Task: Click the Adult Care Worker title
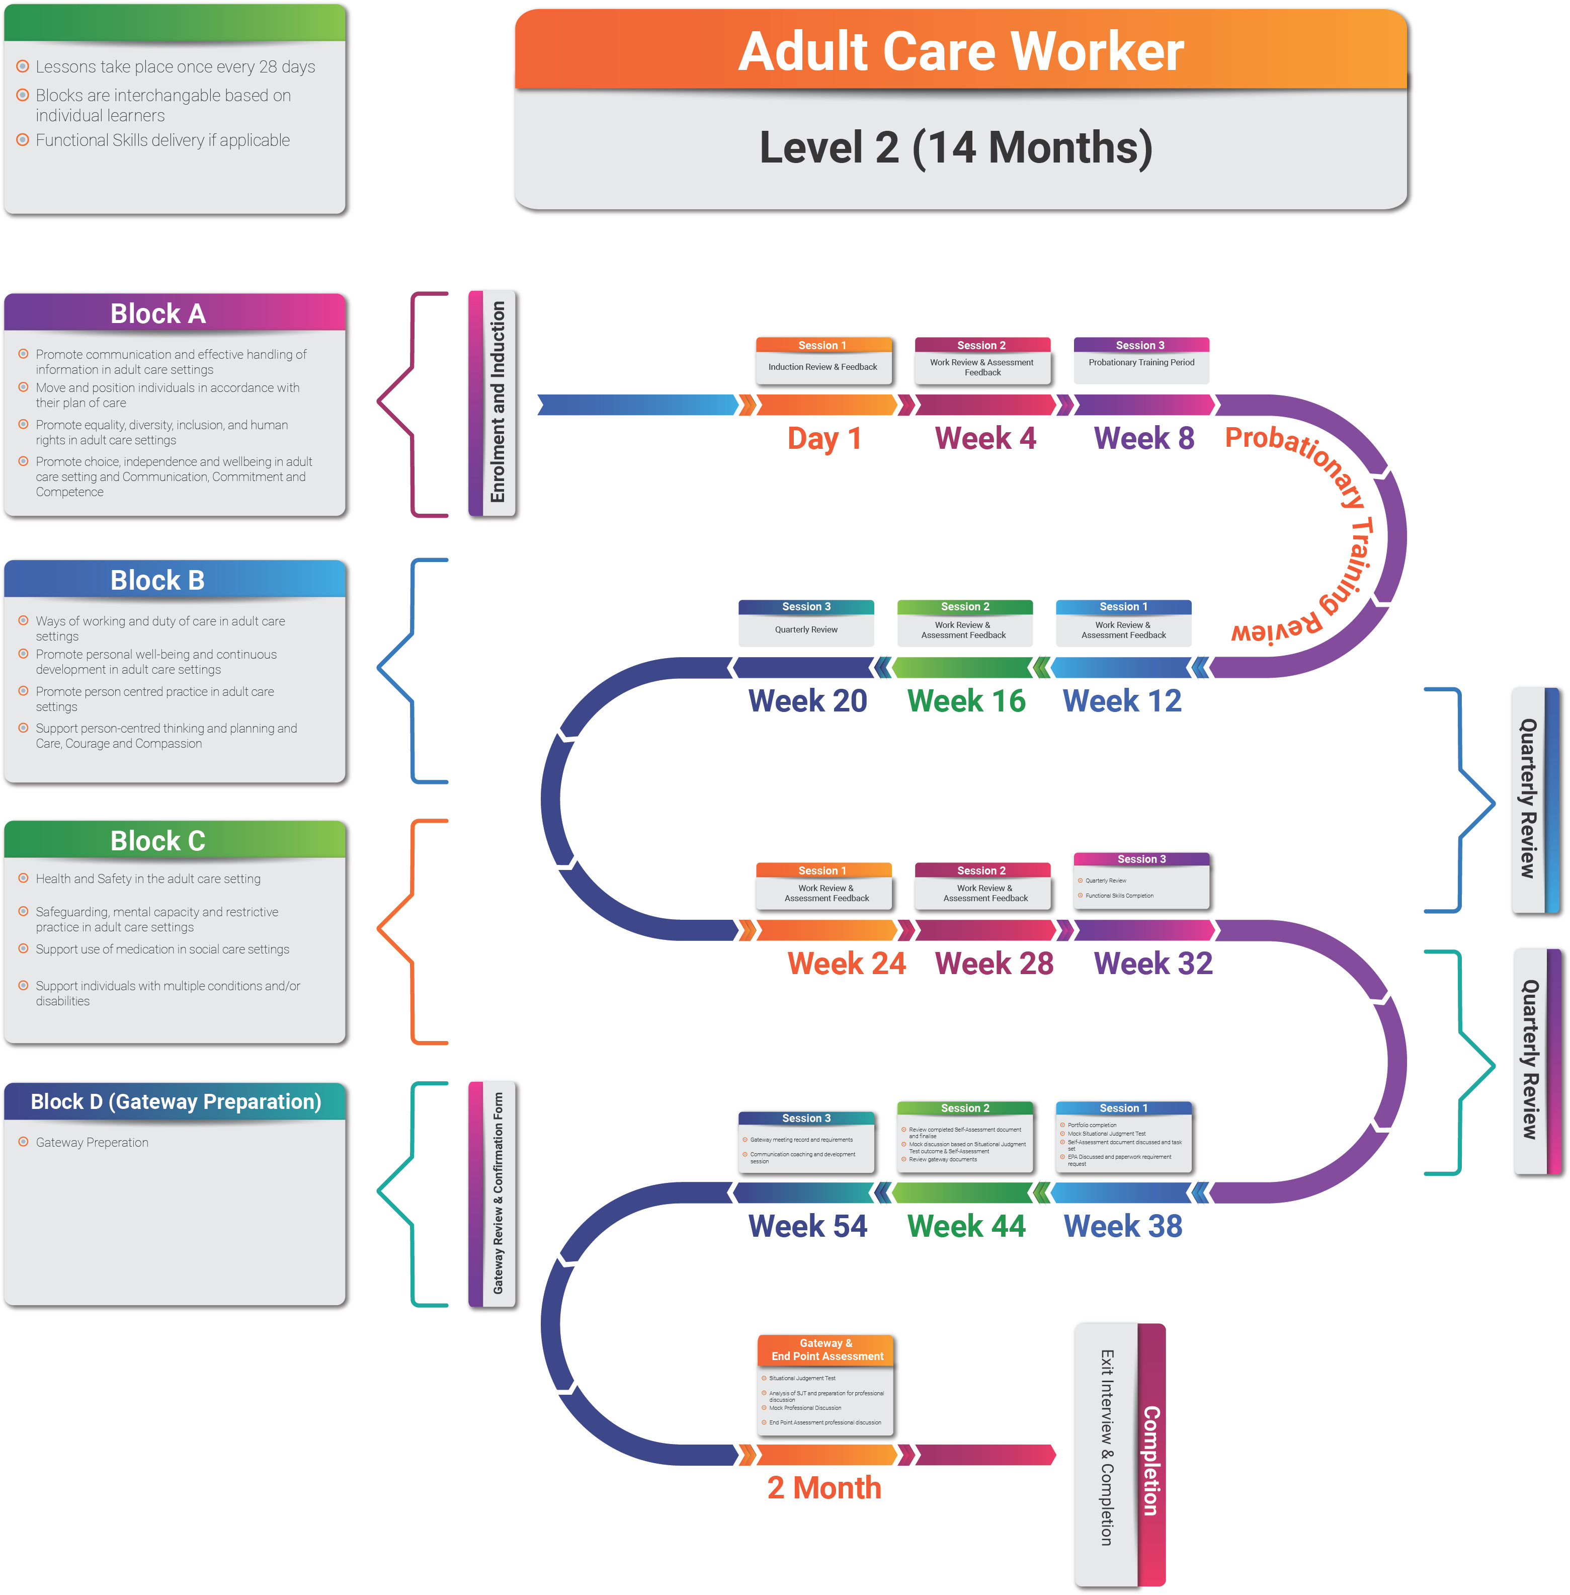pos(961,51)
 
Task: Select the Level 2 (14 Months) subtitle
pos(956,147)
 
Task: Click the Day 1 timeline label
pos(824,438)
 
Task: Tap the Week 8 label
pos(1144,438)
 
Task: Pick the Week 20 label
pos(807,701)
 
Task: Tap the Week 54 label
pos(807,1226)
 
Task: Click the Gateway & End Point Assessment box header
pos(826,1349)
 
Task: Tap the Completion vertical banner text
pos(1151,1460)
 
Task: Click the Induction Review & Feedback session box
pos(823,367)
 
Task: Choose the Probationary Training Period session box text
pos(1141,362)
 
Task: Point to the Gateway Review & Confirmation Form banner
pos(497,1193)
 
